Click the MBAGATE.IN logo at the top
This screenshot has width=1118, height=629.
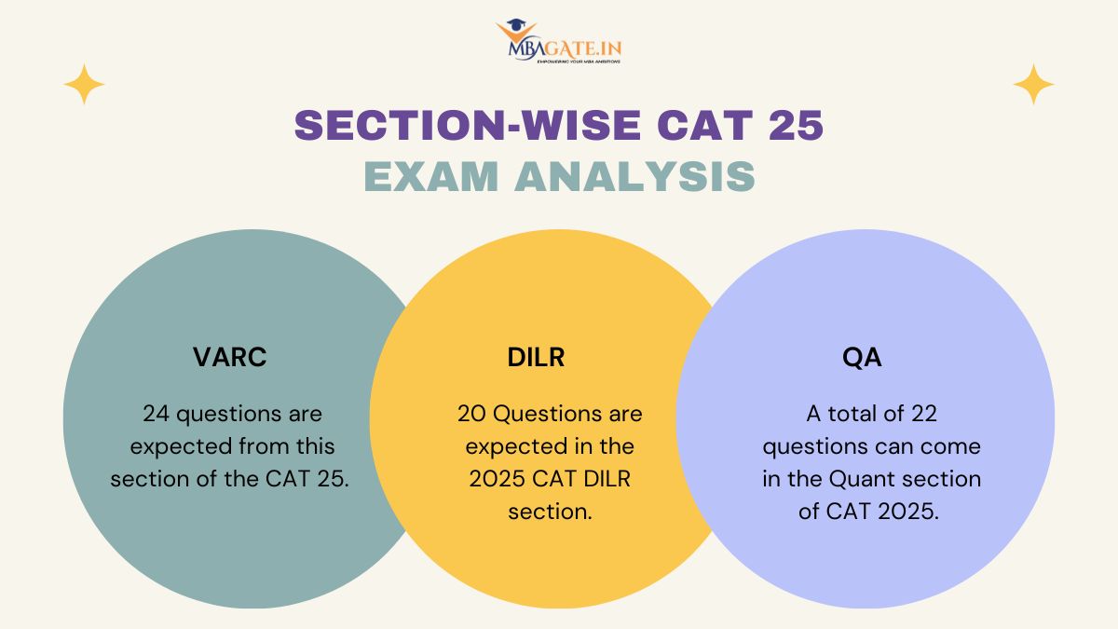558,41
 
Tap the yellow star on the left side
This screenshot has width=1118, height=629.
84,85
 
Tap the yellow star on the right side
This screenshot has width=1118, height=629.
1033,85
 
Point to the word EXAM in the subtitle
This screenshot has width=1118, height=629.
431,176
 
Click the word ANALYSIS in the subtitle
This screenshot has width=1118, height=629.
634,176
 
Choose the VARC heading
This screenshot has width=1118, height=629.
230,357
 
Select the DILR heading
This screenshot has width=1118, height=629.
536,357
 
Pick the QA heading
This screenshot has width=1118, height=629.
862,357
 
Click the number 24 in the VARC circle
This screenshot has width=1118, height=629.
156,414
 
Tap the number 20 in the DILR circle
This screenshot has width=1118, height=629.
471,414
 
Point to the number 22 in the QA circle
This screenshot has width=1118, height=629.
924,414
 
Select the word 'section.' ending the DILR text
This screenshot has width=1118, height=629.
550,512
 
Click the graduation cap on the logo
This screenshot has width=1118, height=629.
515,24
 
